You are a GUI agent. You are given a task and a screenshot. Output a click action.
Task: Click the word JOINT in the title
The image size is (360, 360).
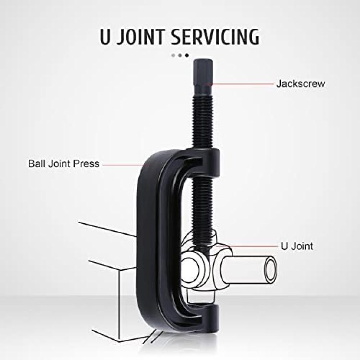click(x=141, y=37)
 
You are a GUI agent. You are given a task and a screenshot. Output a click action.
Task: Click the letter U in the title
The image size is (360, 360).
click(x=105, y=37)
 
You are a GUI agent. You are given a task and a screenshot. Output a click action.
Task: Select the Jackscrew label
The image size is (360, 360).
click(x=300, y=84)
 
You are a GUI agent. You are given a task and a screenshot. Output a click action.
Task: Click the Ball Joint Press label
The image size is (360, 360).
click(x=64, y=164)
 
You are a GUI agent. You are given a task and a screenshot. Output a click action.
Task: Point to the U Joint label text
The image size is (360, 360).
click(x=297, y=246)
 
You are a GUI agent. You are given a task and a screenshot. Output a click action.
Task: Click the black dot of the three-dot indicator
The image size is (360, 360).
click(x=187, y=55)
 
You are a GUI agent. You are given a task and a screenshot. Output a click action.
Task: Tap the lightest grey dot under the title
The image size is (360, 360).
click(x=173, y=55)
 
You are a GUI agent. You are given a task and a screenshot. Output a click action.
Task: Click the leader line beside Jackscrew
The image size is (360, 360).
click(x=243, y=84)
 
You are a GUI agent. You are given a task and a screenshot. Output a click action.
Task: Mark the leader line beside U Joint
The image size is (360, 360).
click(x=253, y=246)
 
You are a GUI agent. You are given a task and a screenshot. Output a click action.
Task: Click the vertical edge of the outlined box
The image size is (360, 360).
click(x=119, y=305)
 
